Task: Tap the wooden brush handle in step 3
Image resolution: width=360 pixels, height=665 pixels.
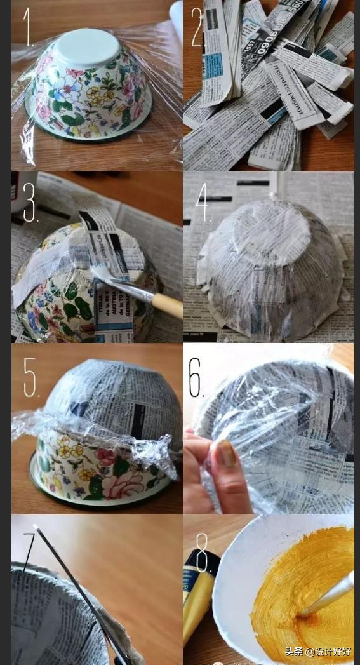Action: tap(166, 306)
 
